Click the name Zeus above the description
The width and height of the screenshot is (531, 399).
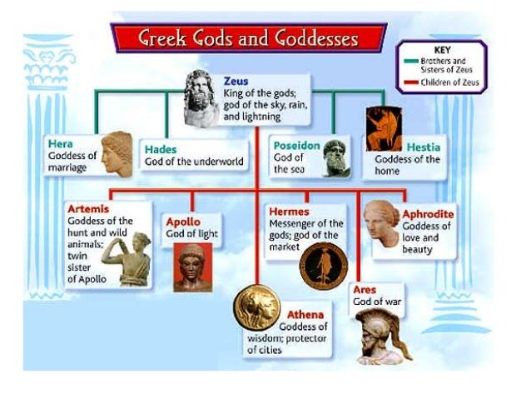(x=236, y=81)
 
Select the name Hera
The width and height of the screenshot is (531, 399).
(x=61, y=143)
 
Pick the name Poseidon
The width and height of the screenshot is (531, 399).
(x=295, y=144)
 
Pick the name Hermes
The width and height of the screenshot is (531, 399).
(x=289, y=212)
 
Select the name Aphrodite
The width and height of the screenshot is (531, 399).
(x=428, y=214)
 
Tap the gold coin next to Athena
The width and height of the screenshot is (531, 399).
(x=256, y=307)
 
